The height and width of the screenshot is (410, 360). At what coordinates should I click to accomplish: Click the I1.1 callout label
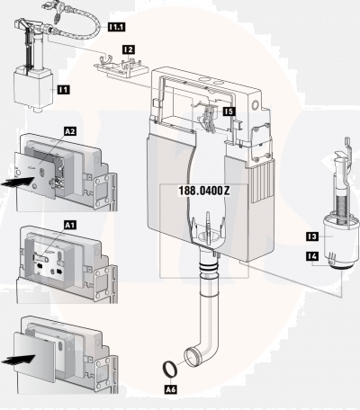(x=117, y=27)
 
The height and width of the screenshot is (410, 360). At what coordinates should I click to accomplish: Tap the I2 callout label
(x=129, y=49)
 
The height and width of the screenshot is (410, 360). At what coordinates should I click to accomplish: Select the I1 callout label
(x=64, y=89)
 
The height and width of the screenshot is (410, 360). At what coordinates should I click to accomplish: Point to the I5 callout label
(x=229, y=111)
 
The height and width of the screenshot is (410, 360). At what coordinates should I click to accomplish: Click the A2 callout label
(x=70, y=131)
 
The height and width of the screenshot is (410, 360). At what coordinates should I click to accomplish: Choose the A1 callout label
(x=70, y=225)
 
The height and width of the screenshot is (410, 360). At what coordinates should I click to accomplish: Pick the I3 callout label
(x=312, y=236)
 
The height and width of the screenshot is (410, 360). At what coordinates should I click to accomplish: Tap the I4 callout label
(x=312, y=256)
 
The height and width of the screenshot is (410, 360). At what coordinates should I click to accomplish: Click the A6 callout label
(x=171, y=389)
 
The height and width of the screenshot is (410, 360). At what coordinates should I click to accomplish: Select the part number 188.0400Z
(x=204, y=191)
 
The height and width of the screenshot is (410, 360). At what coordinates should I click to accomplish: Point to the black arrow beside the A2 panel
(x=18, y=182)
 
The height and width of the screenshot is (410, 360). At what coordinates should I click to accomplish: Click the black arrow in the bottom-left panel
(x=18, y=359)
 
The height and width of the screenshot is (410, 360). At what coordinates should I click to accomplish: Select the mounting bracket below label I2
(x=121, y=67)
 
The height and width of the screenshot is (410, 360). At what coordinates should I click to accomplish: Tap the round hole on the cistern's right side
(x=256, y=105)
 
